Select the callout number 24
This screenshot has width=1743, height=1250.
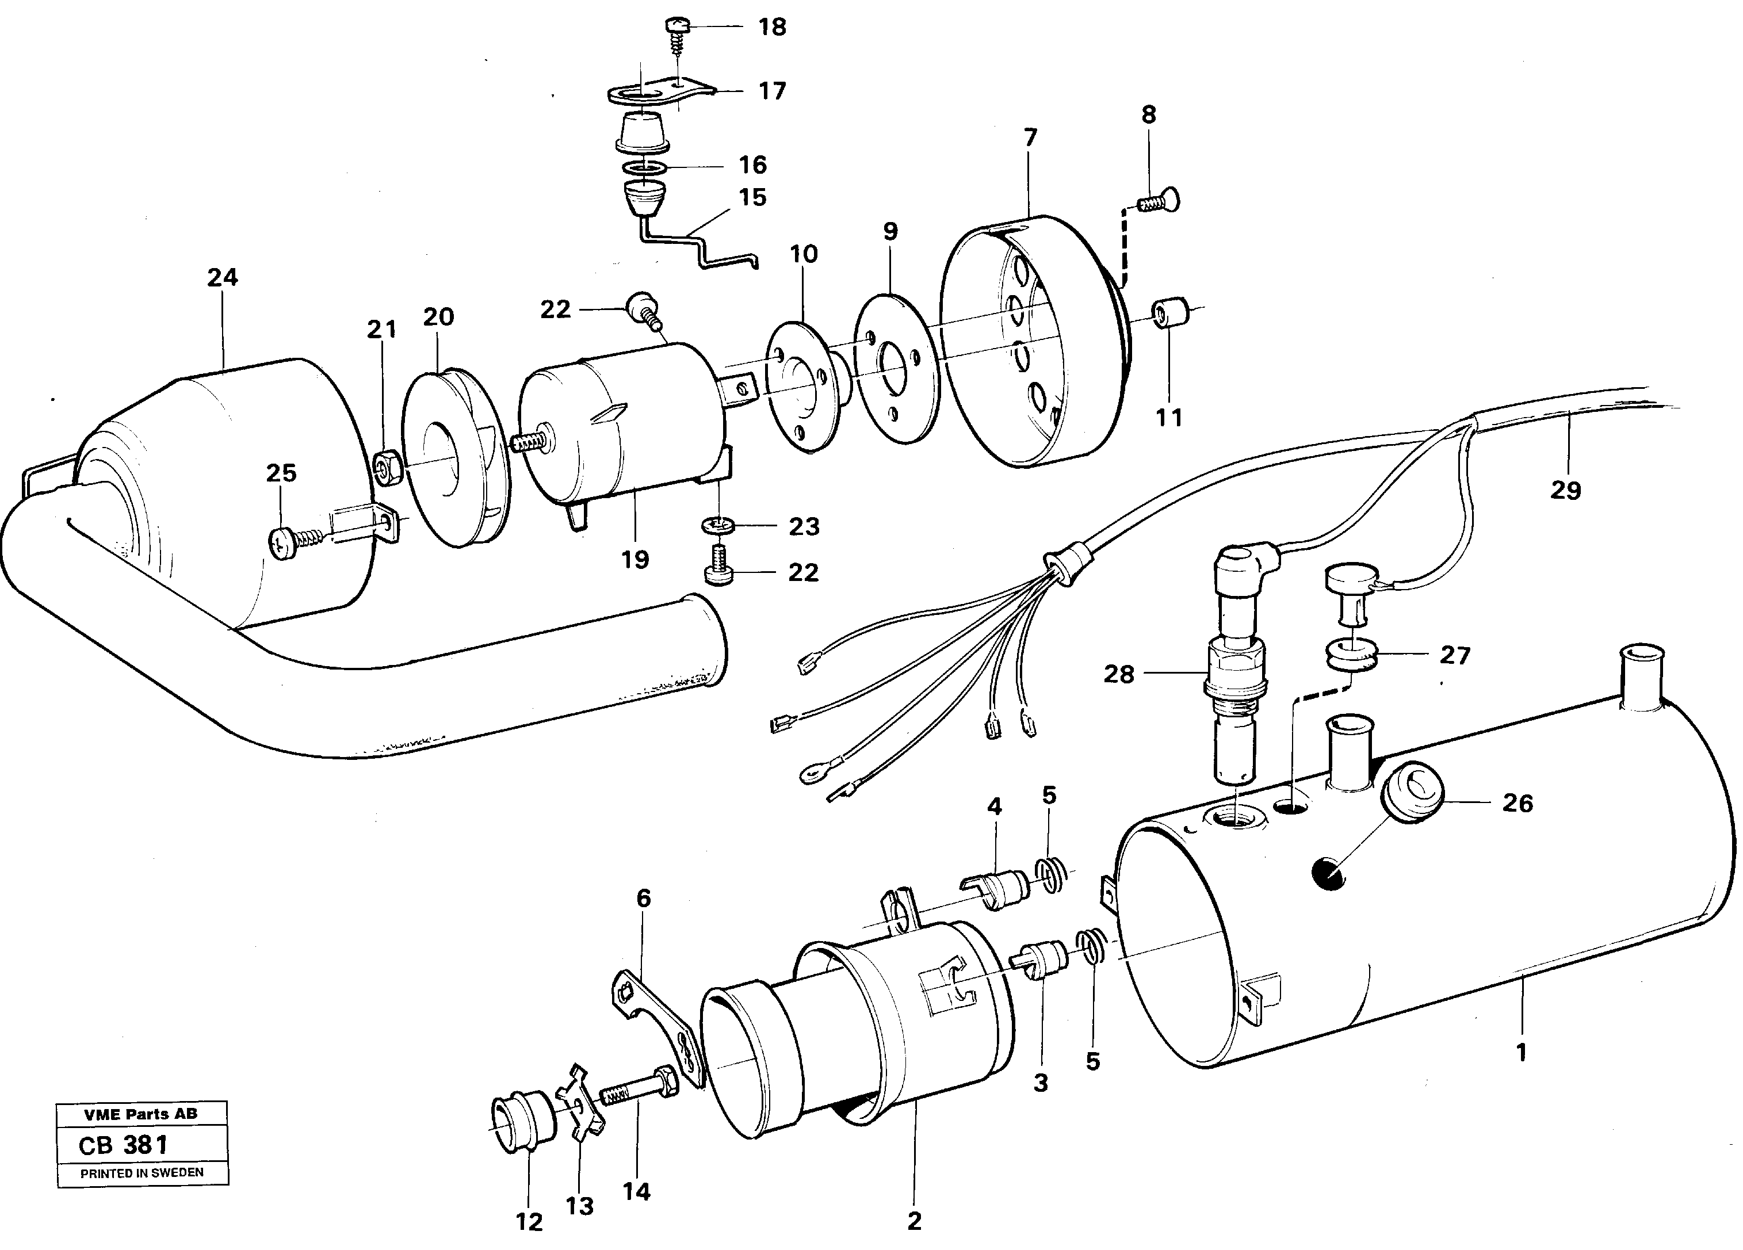[x=222, y=278]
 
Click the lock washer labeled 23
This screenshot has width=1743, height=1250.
[x=718, y=526]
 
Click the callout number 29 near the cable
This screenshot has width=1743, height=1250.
[x=1565, y=490]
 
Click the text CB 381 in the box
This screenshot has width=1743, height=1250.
[x=124, y=1145]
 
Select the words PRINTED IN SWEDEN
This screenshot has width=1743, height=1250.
[x=142, y=1173]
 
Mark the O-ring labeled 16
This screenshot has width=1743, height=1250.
[x=643, y=167]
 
